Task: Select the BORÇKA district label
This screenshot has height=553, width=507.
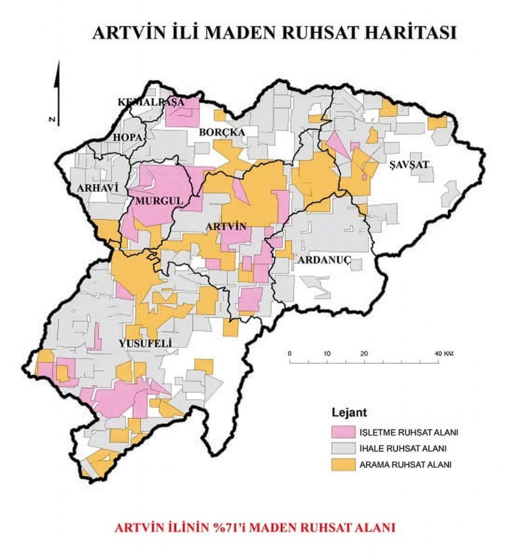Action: tap(222, 132)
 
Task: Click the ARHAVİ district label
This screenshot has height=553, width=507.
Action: tap(95, 188)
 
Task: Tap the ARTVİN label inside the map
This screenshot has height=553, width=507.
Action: tap(225, 226)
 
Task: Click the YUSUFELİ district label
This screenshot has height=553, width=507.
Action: tap(145, 343)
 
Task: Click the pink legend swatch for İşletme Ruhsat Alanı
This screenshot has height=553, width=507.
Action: tap(343, 432)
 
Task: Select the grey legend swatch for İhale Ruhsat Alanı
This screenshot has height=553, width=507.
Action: tap(343, 448)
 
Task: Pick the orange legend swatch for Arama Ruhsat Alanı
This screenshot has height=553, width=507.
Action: tap(343, 464)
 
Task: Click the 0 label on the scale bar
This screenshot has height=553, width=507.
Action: tap(289, 353)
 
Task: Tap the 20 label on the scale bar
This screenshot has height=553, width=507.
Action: tap(364, 353)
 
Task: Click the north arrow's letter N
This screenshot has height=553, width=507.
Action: tap(52, 119)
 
